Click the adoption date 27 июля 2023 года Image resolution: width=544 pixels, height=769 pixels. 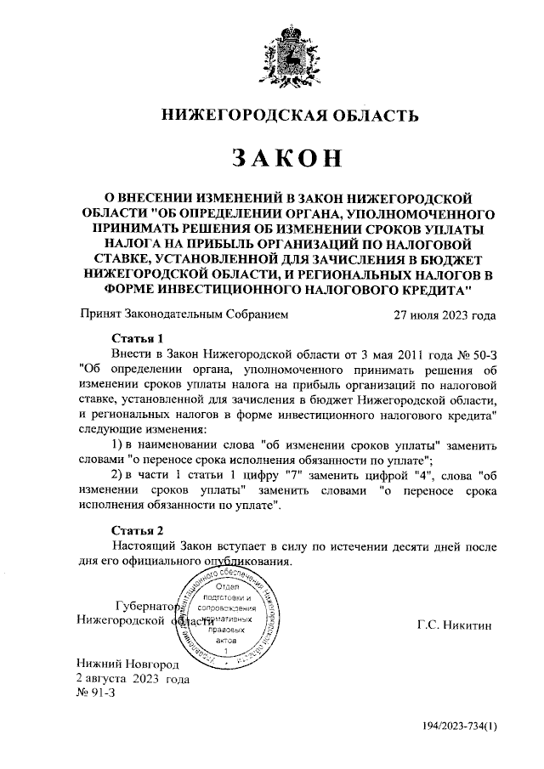(x=445, y=314)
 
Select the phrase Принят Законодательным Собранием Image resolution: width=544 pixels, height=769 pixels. (x=183, y=314)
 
